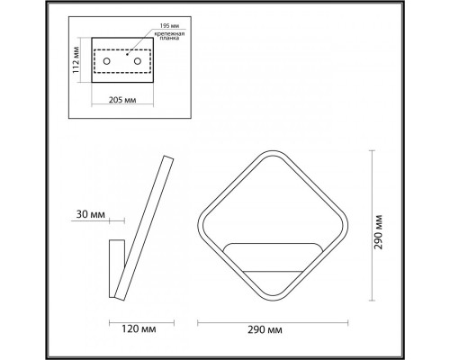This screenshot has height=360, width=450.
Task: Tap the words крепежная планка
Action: pyautogui.click(x=169, y=36)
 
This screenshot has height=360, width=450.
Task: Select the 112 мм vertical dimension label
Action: pyautogui.click(x=76, y=59)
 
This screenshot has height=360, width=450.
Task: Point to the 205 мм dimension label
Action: pyautogui.click(x=122, y=100)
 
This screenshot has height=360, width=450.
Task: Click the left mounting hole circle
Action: pyautogui.click(x=106, y=61)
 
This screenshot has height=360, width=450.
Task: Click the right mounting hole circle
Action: pyautogui.click(x=138, y=61)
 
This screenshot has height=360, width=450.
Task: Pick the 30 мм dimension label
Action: pyautogui.click(x=91, y=214)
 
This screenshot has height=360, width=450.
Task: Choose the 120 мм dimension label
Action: pyautogui.click(x=139, y=328)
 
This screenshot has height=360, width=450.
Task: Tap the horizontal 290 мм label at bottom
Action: pyautogui.click(x=265, y=330)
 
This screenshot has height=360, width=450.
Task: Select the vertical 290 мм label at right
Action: pyautogui.click(x=379, y=232)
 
